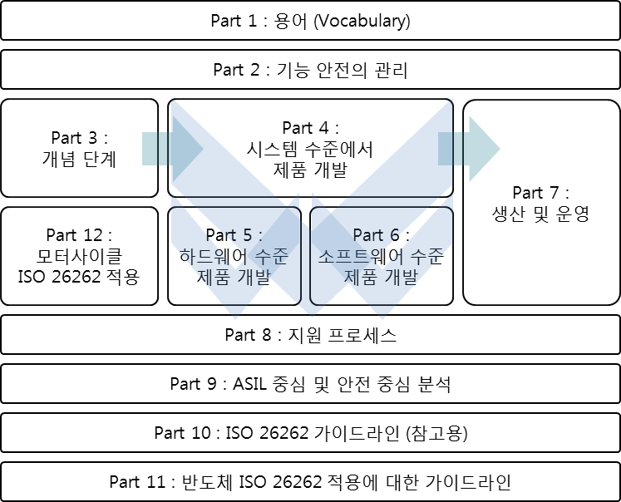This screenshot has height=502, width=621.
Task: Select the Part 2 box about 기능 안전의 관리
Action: pyautogui.click(x=310, y=70)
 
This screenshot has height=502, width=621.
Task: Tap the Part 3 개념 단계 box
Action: pyautogui.click(x=80, y=147)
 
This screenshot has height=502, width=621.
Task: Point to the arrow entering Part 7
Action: pyautogui.click(x=470, y=147)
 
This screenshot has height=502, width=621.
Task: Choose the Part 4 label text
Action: pyautogui.click(x=311, y=128)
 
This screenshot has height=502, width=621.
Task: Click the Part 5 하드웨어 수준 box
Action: pyautogui.click(x=233, y=257)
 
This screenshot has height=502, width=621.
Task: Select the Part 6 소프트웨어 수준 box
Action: pyautogui.click(x=382, y=257)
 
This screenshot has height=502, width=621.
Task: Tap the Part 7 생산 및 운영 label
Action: pyautogui.click(x=541, y=214)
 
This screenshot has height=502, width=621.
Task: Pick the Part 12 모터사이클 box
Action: pyautogui.click(x=80, y=257)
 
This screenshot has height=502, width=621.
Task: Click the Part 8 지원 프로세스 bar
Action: pyautogui.click(x=310, y=335)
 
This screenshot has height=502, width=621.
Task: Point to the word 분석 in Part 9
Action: pyautogui.click(x=433, y=384)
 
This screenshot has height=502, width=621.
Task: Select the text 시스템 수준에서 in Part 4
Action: pyautogui.click(x=310, y=149)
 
